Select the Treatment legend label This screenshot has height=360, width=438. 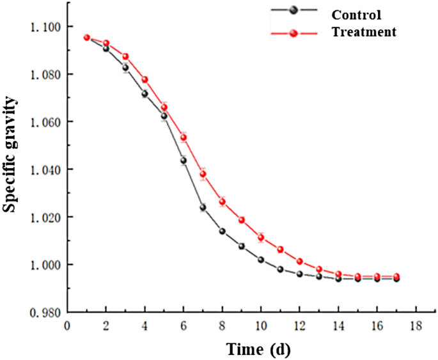click(x=364, y=31)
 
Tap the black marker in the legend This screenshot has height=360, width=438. click(x=293, y=10)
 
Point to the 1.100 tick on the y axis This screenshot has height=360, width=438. click(x=45, y=27)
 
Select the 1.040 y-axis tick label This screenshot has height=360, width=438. click(x=45, y=169)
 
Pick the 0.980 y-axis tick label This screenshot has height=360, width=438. click(x=45, y=312)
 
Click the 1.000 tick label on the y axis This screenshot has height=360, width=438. click(x=45, y=265)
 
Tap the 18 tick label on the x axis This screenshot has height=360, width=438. click(x=416, y=325)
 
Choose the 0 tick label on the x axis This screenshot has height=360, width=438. click(x=67, y=325)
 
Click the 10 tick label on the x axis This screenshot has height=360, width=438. click(x=261, y=325)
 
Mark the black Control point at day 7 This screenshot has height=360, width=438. click(x=203, y=207)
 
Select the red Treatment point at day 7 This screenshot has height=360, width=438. click(x=203, y=174)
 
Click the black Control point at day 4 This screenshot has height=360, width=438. click(x=145, y=93)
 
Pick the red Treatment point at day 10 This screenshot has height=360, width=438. click(x=261, y=238)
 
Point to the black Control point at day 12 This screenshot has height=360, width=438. click(x=299, y=274)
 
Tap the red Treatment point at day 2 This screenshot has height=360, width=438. click(x=106, y=43)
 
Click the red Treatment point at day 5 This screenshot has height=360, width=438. click(x=164, y=106)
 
